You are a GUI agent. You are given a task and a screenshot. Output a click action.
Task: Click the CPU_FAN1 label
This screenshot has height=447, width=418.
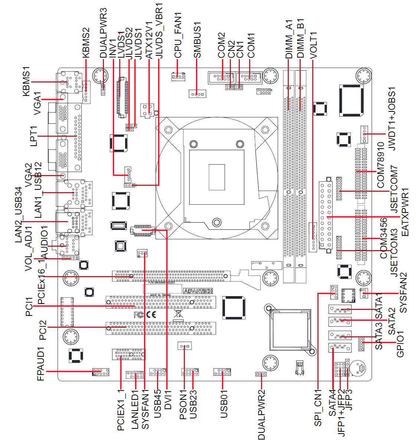point(178,36)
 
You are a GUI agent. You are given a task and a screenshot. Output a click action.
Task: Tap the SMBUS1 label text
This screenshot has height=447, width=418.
point(197,40)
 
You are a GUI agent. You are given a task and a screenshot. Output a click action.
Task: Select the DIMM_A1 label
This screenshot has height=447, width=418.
point(289,39)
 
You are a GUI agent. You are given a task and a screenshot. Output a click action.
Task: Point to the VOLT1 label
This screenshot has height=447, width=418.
point(313,45)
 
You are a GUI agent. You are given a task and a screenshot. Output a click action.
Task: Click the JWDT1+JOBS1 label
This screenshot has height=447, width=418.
point(392,119)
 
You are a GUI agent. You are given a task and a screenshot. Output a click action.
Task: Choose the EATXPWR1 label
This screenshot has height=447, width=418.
point(405,212)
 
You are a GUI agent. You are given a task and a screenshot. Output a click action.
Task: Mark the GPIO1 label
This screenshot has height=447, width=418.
point(400,344)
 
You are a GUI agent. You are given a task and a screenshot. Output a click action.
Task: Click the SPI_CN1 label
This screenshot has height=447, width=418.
point(318,408)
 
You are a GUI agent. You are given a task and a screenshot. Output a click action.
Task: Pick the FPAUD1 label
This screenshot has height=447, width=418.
point(41,364)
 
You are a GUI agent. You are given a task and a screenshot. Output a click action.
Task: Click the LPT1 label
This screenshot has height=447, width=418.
point(33,136)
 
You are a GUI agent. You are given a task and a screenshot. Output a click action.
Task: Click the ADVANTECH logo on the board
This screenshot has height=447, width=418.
point(198,291)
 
